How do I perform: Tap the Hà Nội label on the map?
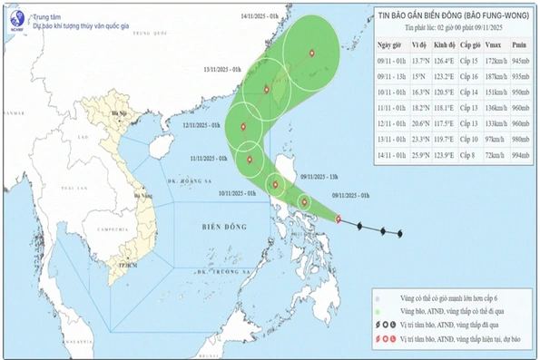coord(116,116)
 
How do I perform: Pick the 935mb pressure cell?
coord(519,75)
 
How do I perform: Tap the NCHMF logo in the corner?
coord(15,17)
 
